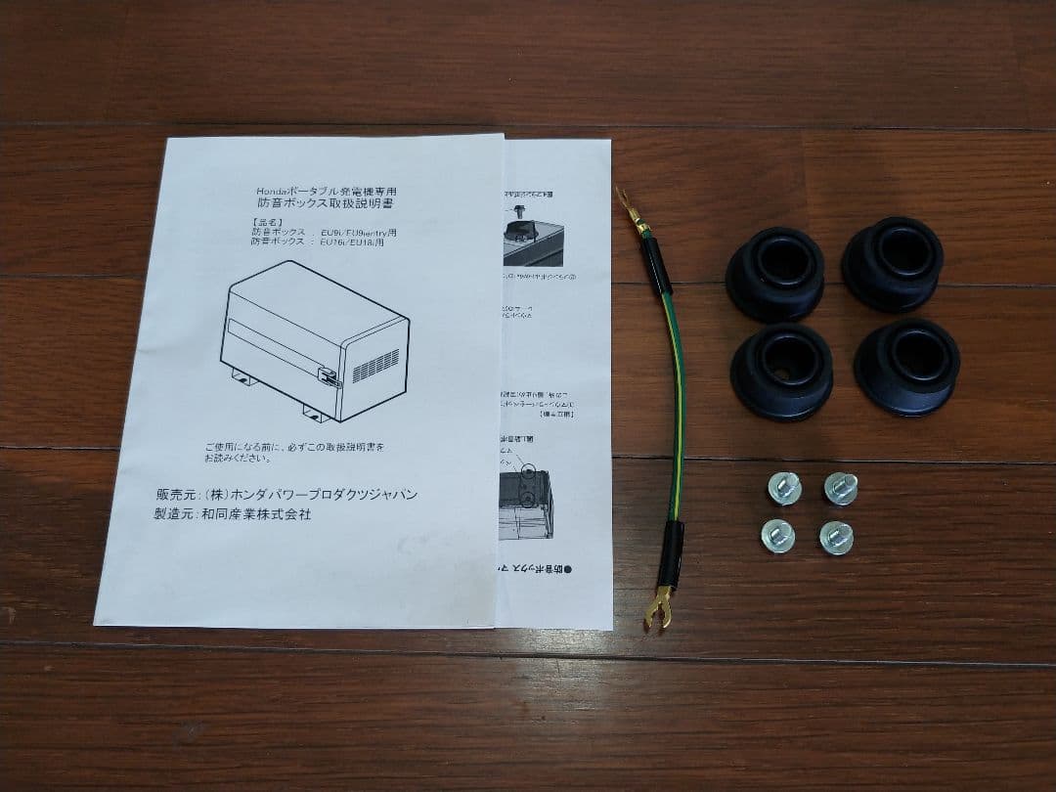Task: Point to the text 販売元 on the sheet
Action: point(176,495)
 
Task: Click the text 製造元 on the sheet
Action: point(175,514)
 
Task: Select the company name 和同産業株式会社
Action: point(256,514)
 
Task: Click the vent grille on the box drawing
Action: point(375,366)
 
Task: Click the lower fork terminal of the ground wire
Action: point(658,607)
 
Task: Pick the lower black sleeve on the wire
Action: point(671,550)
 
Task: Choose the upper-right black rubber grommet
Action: point(892,264)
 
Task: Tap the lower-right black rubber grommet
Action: point(905,365)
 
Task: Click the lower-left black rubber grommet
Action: point(781,371)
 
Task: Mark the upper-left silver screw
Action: point(784,487)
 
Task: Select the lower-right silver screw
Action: point(836,537)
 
